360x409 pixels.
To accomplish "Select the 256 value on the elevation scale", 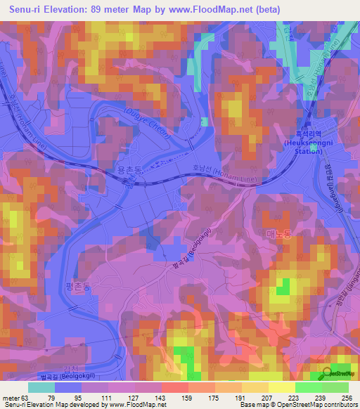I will pos(347,397).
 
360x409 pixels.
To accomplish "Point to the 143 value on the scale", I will pos(161,397).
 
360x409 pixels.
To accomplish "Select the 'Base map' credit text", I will pos(253,405).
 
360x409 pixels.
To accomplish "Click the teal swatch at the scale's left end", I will pos(41,387).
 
